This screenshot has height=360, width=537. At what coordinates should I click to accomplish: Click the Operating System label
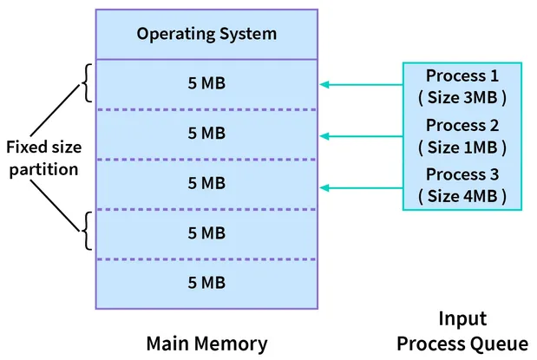(206, 35)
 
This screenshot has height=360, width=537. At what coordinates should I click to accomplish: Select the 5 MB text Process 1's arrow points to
(206, 84)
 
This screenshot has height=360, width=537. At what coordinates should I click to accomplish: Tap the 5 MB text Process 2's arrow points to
(206, 134)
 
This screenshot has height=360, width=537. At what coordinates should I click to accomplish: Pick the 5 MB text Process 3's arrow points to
(206, 184)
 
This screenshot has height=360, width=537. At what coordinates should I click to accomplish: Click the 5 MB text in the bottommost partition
(206, 283)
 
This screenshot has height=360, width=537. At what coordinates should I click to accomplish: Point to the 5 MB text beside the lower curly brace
(206, 233)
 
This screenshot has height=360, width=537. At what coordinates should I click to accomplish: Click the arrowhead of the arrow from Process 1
(324, 84)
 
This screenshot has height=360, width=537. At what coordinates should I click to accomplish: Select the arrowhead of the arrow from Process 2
(324, 135)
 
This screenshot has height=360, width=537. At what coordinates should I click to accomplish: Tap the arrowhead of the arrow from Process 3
(324, 187)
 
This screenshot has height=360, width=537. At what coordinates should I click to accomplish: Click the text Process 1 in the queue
(462, 75)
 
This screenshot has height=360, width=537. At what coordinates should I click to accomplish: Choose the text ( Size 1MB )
(462, 146)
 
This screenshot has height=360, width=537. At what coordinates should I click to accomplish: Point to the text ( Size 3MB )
(462, 95)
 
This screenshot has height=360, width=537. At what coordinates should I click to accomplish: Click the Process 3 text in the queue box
(462, 174)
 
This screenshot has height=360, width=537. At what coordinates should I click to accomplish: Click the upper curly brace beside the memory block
(84, 84)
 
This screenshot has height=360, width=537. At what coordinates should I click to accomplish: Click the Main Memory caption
(206, 342)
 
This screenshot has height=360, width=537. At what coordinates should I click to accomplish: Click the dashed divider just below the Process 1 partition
(206, 109)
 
